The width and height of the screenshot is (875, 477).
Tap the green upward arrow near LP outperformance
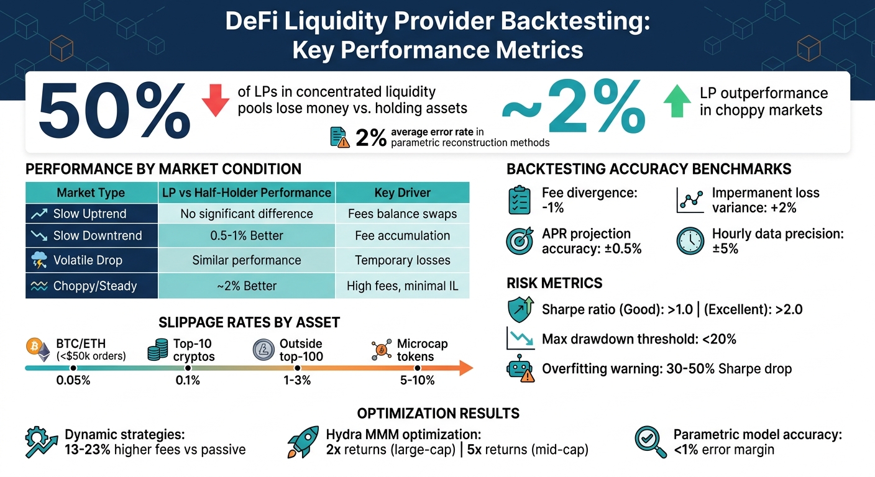(676, 102)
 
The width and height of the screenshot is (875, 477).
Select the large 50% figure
(114, 112)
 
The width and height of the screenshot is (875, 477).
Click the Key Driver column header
(402, 193)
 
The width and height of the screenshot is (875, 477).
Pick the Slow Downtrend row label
(97, 236)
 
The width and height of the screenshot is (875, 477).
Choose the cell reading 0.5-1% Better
(247, 236)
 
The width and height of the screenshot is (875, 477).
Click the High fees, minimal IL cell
(402, 286)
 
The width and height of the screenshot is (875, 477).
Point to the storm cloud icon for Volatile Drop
(39, 260)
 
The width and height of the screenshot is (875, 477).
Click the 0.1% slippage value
(188, 380)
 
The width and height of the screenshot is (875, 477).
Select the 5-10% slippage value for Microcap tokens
(418, 380)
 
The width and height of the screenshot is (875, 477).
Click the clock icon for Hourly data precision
(690, 241)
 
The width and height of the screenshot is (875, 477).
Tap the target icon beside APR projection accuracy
(520, 241)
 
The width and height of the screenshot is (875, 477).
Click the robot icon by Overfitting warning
(520, 368)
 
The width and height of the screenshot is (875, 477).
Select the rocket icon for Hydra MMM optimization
(303, 442)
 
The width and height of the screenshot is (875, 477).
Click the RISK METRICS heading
(554, 284)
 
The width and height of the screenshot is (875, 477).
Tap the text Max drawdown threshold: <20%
(639, 339)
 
